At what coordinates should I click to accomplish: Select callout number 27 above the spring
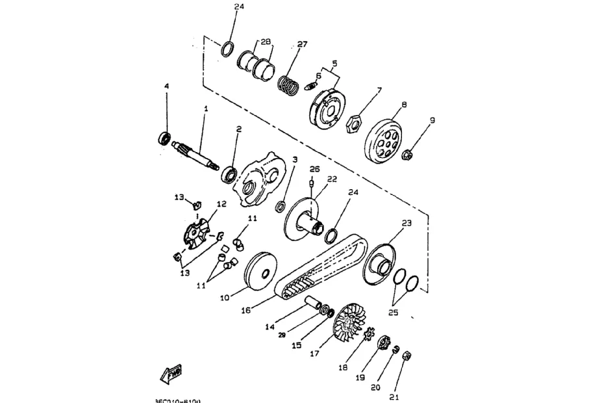pos(302,44)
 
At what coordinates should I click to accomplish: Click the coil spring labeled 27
pos(288,85)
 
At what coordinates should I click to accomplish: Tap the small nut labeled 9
pos(409,155)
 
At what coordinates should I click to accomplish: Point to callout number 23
pos(407,223)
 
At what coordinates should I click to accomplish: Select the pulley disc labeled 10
pos(261,272)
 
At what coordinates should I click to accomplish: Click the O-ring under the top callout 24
pos(227,49)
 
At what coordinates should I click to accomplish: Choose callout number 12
pos(221,203)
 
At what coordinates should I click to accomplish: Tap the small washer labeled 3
pos(281,207)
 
